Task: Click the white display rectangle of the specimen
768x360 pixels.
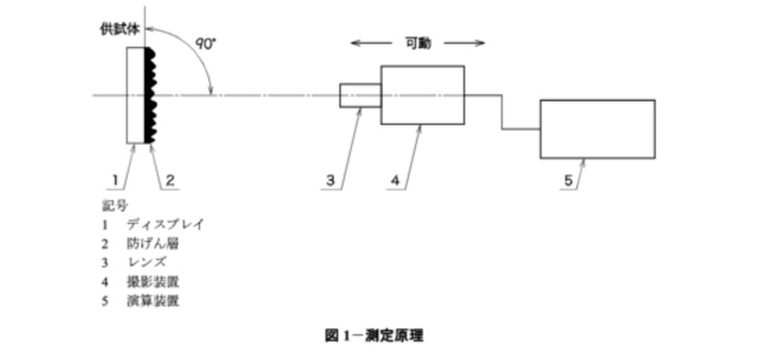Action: click(135, 95)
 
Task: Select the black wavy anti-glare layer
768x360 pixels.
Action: click(150, 95)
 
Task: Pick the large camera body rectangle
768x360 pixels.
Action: click(422, 95)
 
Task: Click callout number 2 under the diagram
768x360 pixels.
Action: click(169, 180)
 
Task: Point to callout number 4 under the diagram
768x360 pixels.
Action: click(396, 180)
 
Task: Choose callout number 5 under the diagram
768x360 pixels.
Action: click(568, 180)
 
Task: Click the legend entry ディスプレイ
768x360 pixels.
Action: click(165, 224)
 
